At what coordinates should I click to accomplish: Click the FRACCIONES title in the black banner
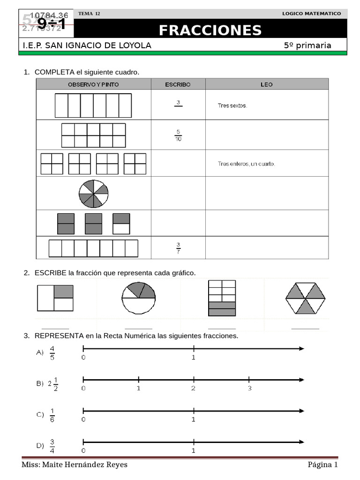coord(210,30)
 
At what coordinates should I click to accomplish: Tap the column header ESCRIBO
coord(178,84)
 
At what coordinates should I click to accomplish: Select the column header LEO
coord(267,84)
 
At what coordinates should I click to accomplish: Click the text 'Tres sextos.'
coord(232,105)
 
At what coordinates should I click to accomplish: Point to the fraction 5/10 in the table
coord(178,135)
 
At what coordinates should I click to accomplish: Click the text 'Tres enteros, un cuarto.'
coord(247,164)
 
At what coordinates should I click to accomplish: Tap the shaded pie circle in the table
coord(94,193)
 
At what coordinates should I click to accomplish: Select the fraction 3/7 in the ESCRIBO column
coord(178,247)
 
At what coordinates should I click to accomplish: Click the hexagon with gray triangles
coord(306,299)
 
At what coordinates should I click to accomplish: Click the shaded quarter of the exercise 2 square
coord(64,292)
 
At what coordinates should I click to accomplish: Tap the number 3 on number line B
coord(250,388)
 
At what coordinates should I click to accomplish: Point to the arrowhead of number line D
coord(301,442)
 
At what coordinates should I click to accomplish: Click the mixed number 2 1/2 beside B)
coord(52,383)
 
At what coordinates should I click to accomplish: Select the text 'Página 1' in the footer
coord(322,465)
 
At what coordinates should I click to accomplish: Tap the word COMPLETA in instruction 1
coord(54,72)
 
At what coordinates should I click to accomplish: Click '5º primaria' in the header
coord(307,45)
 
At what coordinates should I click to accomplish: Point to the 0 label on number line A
coord(83,357)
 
